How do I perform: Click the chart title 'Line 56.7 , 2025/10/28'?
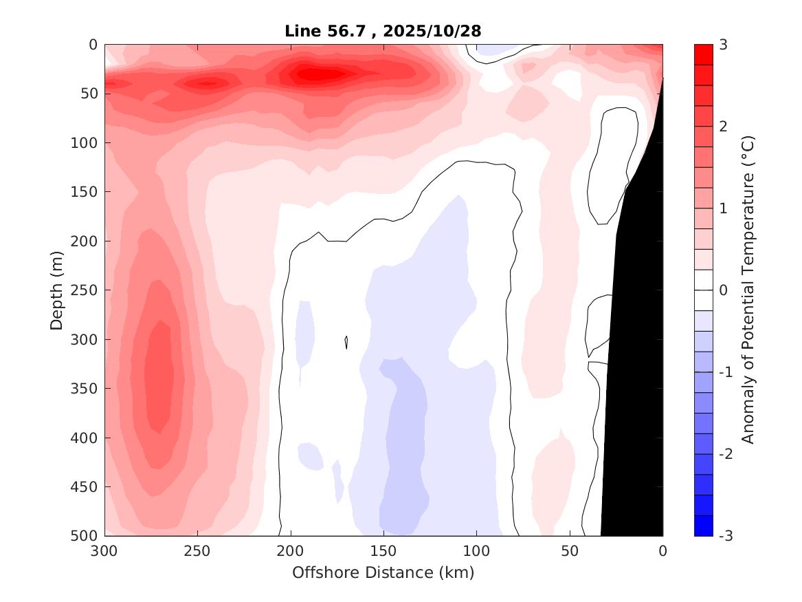383,31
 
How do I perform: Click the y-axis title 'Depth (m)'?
57,290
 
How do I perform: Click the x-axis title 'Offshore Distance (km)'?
383,572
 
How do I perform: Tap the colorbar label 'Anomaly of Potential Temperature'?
748,290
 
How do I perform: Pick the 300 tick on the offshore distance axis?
105,551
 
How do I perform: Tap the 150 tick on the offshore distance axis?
383,551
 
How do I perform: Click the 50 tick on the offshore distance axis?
570,551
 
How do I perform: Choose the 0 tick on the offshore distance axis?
662,551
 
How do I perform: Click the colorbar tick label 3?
723,45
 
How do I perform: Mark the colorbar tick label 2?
723,127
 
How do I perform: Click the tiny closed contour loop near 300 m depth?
346,342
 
